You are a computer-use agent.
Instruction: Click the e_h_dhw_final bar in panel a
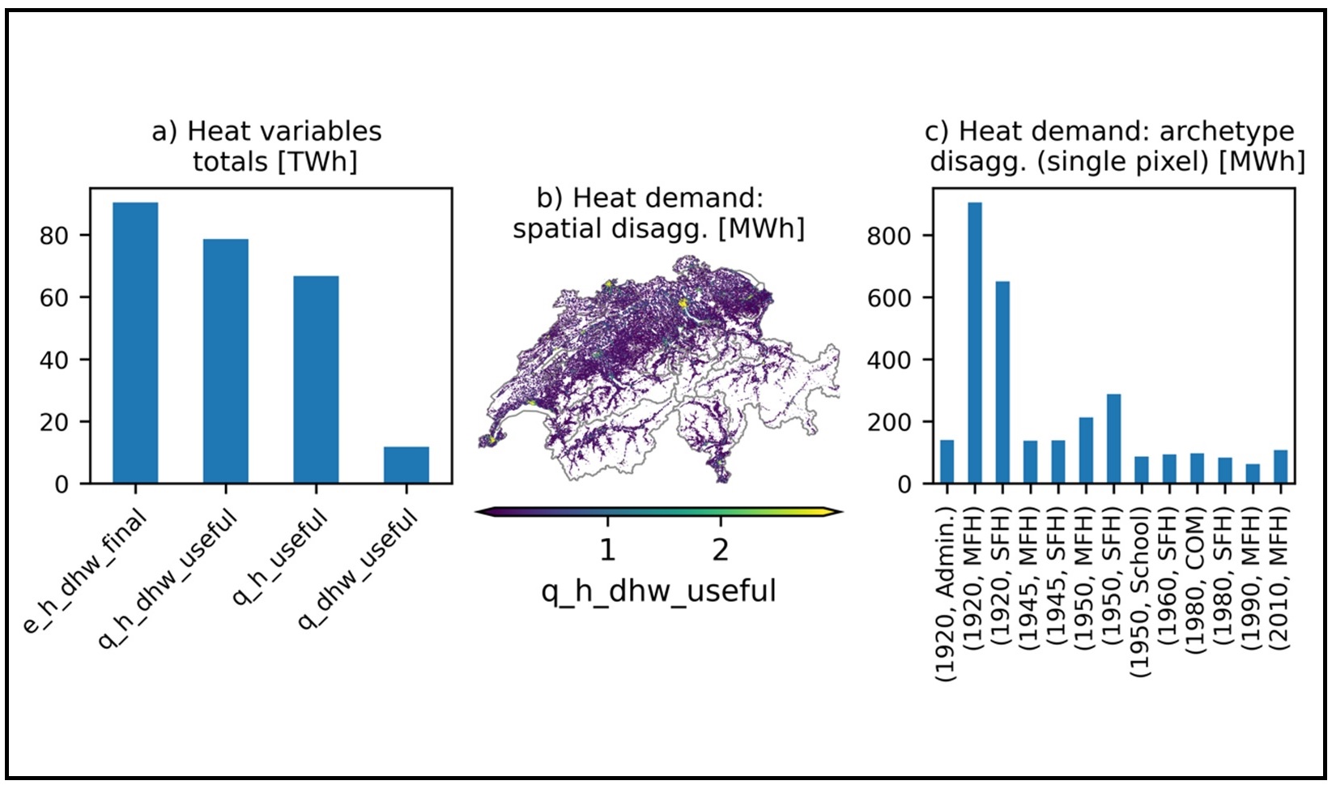[x=135, y=343]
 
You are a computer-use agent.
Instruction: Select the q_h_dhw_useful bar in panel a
[x=226, y=361]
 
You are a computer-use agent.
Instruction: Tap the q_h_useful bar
[x=316, y=380]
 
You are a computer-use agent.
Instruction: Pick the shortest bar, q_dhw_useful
[x=406, y=465]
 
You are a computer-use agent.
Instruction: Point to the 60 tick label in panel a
[x=53, y=297]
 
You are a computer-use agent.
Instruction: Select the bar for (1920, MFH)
[x=975, y=343]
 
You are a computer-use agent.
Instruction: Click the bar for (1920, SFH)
[x=1002, y=382]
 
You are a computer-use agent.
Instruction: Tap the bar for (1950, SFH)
[x=1113, y=438]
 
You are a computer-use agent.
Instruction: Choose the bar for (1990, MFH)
[x=1253, y=474]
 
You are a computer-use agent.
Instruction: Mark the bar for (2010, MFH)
[x=1281, y=467]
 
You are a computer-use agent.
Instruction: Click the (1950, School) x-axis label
[x=1142, y=591]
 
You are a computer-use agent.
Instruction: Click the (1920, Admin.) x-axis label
[x=947, y=594]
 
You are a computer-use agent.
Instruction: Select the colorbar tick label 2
[x=721, y=550]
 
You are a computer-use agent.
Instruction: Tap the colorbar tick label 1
[x=607, y=550]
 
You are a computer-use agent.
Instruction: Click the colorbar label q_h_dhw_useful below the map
[x=659, y=591]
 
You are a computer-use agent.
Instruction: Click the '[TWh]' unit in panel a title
[x=317, y=162]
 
